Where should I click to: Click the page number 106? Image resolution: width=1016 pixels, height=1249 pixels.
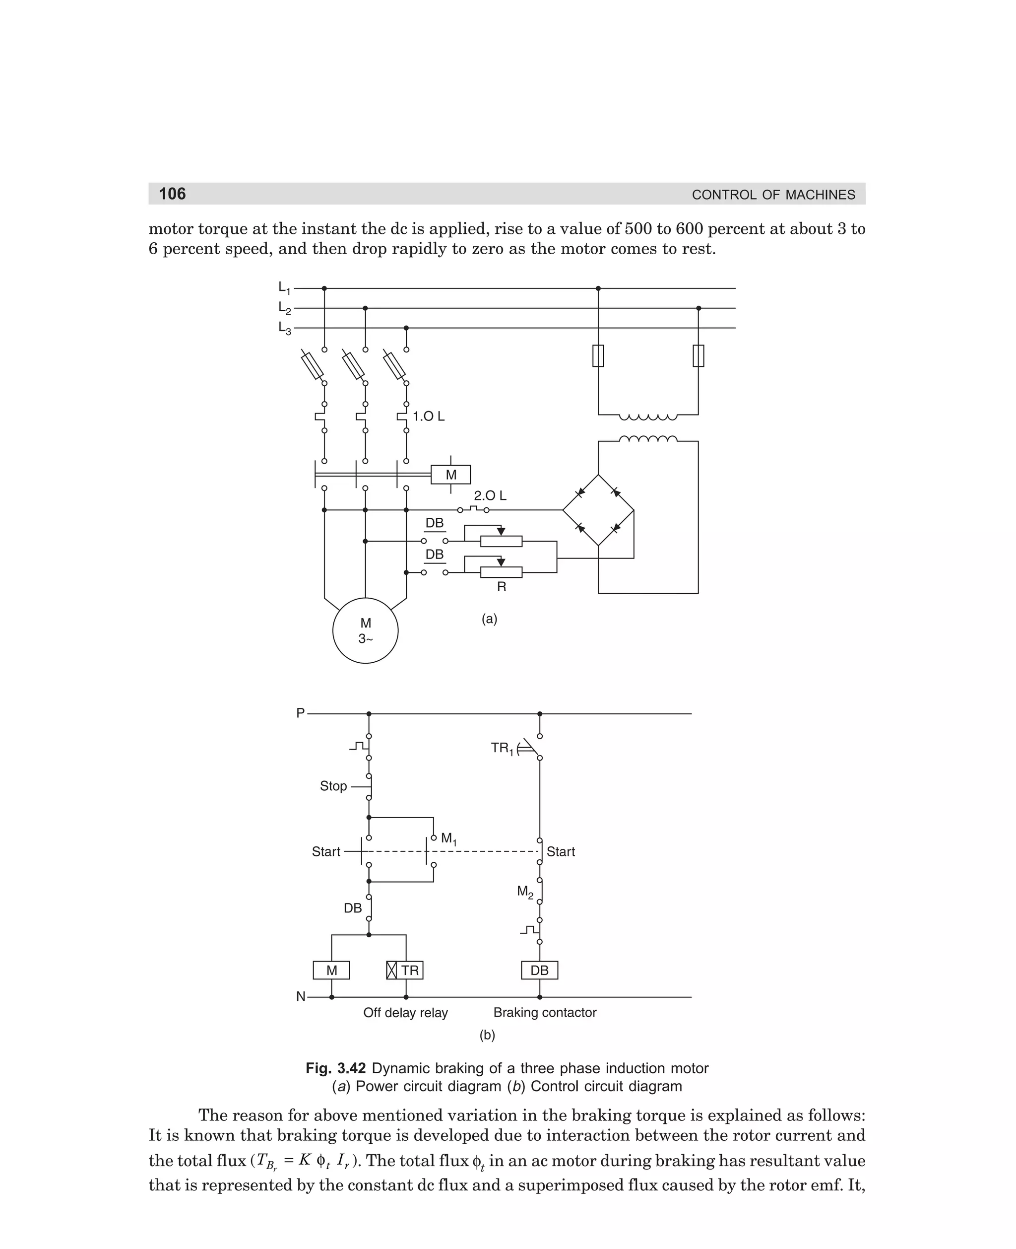click(172, 194)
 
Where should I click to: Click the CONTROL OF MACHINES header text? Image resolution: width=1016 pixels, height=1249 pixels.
click(772, 195)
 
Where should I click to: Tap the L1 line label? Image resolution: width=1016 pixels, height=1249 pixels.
click(284, 287)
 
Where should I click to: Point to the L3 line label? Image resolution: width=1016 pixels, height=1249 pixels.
click(284, 328)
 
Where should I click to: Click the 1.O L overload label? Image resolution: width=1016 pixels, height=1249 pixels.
click(429, 416)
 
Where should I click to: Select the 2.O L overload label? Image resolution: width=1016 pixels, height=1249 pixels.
click(490, 495)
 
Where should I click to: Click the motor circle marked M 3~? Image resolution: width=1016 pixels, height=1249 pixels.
click(365, 630)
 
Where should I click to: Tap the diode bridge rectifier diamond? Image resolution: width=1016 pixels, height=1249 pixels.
click(598, 510)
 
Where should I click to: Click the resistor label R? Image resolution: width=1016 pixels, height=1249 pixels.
click(501, 587)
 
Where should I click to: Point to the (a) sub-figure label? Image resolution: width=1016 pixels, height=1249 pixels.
click(489, 619)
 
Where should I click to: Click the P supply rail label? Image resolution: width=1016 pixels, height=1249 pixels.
click(300, 713)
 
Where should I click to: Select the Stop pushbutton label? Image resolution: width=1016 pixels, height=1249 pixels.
click(333, 786)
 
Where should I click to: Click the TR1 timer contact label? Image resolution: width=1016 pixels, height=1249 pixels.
click(502, 748)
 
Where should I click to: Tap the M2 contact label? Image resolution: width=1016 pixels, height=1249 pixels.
click(525, 892)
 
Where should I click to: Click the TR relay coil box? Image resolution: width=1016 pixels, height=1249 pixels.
click(405, 971)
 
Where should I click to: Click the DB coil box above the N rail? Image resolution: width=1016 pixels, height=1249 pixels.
click(539, 971)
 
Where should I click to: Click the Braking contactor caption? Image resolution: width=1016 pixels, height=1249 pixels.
click(544, 1012)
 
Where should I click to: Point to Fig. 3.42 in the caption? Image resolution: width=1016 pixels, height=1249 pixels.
click(335, 1068)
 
